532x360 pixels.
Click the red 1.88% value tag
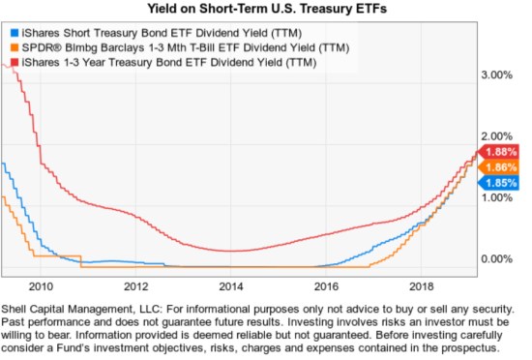pyautogui.click(x=501, y=152)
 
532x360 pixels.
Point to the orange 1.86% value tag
pyautogui.click(x=501, y=167)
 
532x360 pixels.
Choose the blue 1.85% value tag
pyautogui.click(x=501, y=182)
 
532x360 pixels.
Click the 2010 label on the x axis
pyautogui.click(x=41, y=286)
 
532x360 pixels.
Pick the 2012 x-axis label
pyautogui.click(x=135, y=286)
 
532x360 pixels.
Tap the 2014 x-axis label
pyautogui.click(x=231, y=286)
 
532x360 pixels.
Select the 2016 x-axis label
pyautogui.click(x=327, y=286)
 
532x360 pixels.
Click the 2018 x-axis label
pyautogui.click(x=422, y=286)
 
